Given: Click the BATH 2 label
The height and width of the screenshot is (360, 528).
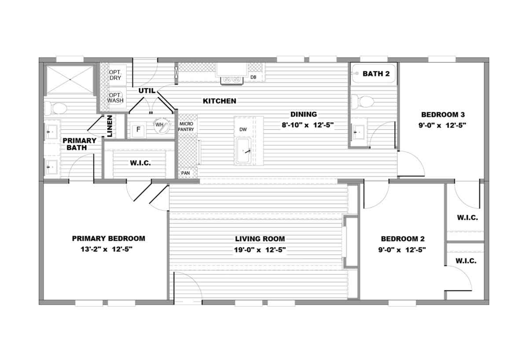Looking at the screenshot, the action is (376, 74).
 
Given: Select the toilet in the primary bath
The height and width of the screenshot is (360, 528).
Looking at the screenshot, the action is (56, 108).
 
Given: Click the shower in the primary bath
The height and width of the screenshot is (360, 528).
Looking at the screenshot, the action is (70, 80).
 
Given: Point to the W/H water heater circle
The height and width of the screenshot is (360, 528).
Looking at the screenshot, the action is (161, 125).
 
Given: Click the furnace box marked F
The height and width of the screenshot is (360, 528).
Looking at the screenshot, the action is (138, 129).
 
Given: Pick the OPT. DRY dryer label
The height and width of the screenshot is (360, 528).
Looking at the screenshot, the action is (115, 75).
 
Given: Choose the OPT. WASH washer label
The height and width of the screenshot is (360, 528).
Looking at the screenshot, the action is (115, 98).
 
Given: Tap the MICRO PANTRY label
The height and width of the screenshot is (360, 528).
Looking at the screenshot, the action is (186, 127).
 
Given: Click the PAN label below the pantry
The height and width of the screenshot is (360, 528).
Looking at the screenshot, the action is (185, 173).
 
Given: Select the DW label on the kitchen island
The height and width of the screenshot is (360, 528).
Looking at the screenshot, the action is (243, 129).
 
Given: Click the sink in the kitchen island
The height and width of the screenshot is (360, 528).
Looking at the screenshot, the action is (243, 151).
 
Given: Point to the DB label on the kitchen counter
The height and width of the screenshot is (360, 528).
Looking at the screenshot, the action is (253, 77).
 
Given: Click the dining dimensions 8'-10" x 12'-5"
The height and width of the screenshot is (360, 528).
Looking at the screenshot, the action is (308, 125).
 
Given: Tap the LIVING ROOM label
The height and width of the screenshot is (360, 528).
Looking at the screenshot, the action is (260, 239).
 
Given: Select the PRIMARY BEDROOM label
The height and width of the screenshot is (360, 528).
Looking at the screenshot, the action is (108, 239).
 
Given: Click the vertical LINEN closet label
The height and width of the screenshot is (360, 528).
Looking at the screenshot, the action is (110, 126).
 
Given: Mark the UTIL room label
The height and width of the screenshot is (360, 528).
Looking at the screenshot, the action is (147, 91).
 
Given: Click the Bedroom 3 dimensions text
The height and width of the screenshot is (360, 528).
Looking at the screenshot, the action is (443, 125).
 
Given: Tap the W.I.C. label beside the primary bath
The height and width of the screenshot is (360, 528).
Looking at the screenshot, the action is (140, 163).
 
